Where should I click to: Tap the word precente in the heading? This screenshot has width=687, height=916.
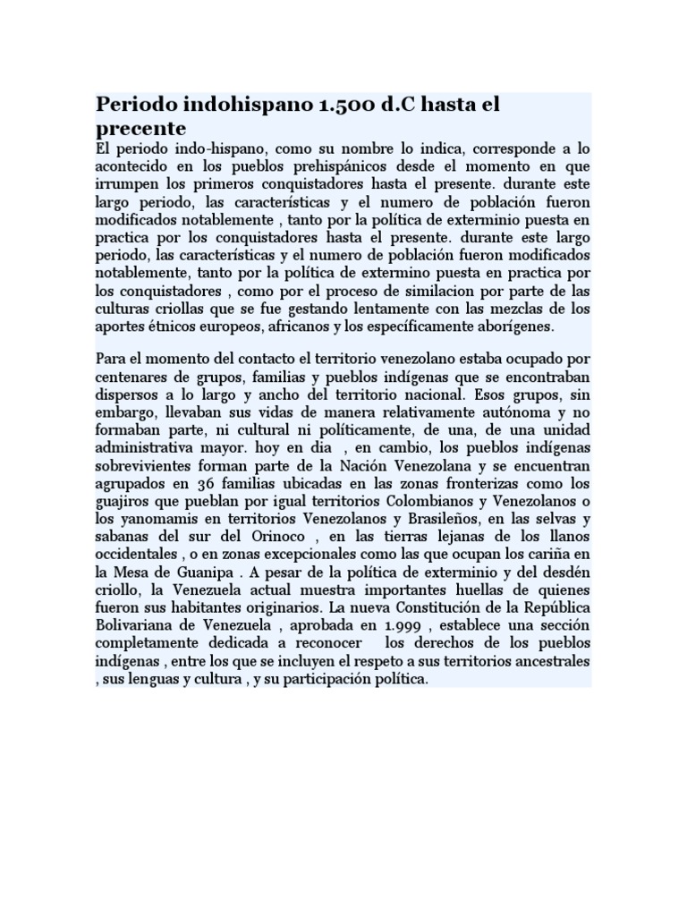point(140,128)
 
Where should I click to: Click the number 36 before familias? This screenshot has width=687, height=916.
point(196,484)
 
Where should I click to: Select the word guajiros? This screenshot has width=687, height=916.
point(123,502)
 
